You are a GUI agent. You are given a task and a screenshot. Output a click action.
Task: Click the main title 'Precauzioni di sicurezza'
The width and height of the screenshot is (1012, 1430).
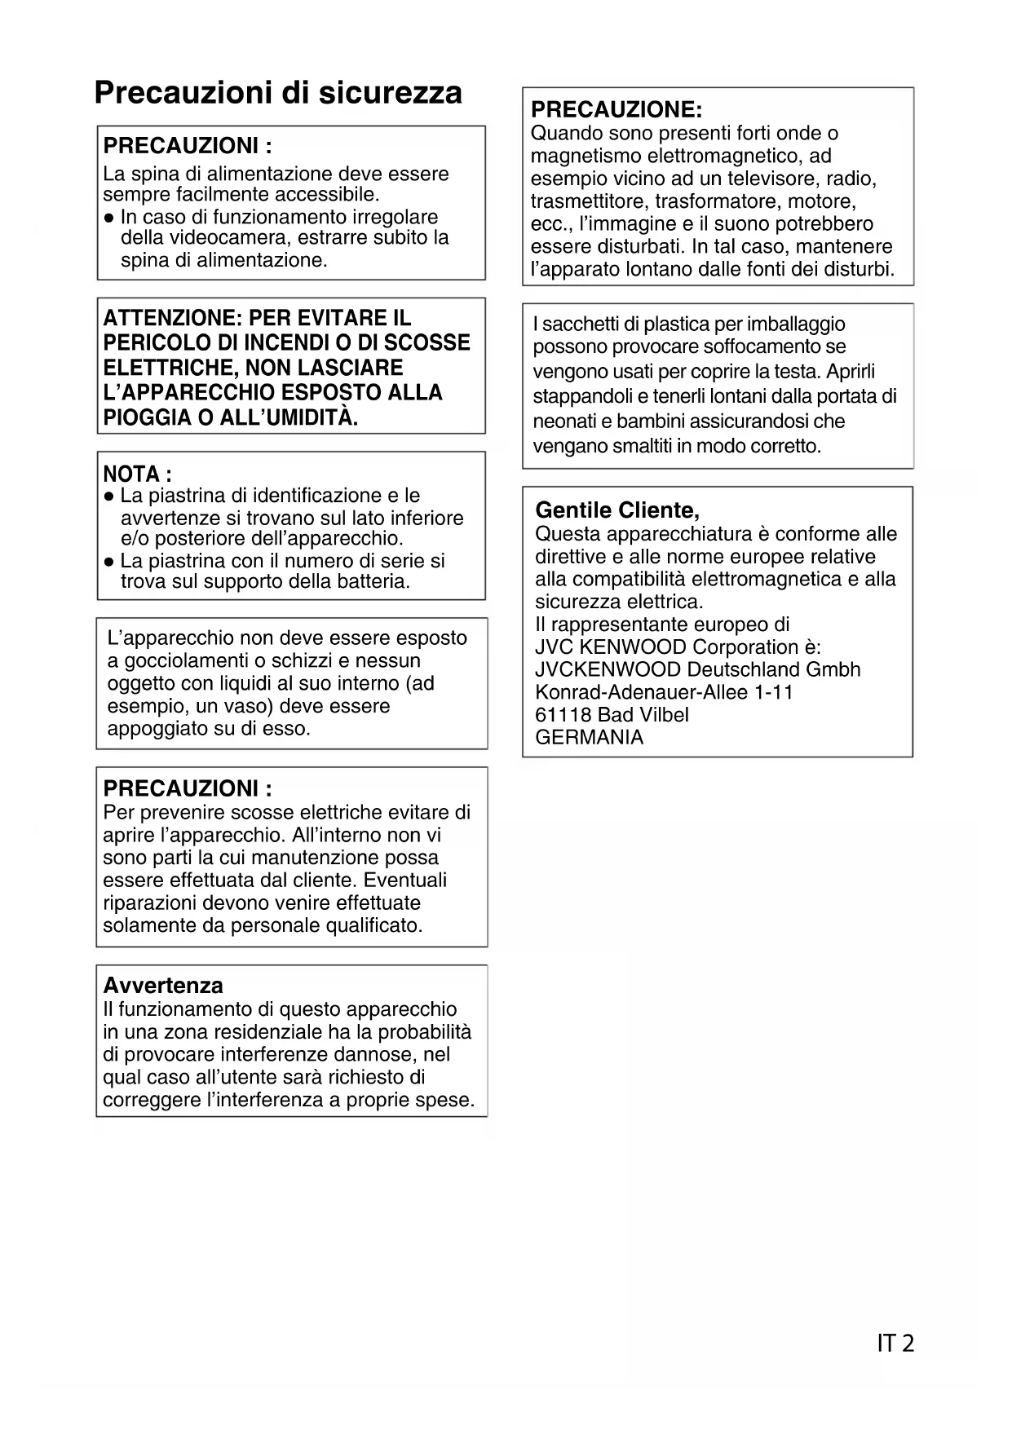click(x=278, y=93)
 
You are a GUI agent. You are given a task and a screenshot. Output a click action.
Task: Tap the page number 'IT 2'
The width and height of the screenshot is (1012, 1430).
click(x=895, y=1343)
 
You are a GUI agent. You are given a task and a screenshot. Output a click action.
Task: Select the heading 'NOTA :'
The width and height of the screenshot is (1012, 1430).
click(x=137, y=474)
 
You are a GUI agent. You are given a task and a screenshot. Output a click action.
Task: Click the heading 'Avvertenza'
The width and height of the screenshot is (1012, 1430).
click(x=163, y=986)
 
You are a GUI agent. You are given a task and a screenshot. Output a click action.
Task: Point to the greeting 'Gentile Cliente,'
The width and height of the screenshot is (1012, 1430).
click(x=617, y=510)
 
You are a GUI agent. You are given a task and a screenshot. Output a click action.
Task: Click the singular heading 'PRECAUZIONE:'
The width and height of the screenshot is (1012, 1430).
click(x=616, y=110)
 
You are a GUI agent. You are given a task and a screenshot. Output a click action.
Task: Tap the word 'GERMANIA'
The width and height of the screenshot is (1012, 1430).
click(x=589, y=738)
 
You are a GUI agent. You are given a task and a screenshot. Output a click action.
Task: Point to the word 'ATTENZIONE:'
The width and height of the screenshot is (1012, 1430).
click(x=169, y=318)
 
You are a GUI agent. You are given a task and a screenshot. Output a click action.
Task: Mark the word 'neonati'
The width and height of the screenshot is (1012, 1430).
click(x=564, y=421)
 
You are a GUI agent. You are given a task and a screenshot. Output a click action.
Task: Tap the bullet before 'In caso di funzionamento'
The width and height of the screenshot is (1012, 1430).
click(x=108, y=218)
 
